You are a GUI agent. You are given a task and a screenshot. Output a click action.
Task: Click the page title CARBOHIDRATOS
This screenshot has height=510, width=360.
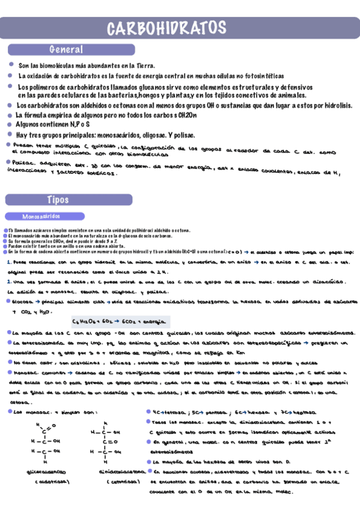point(166,28)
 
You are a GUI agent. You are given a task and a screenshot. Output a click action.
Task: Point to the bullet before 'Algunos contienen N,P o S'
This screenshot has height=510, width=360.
point(11,123)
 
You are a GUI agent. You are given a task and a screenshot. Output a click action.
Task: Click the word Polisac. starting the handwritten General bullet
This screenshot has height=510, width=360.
point(23,164)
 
